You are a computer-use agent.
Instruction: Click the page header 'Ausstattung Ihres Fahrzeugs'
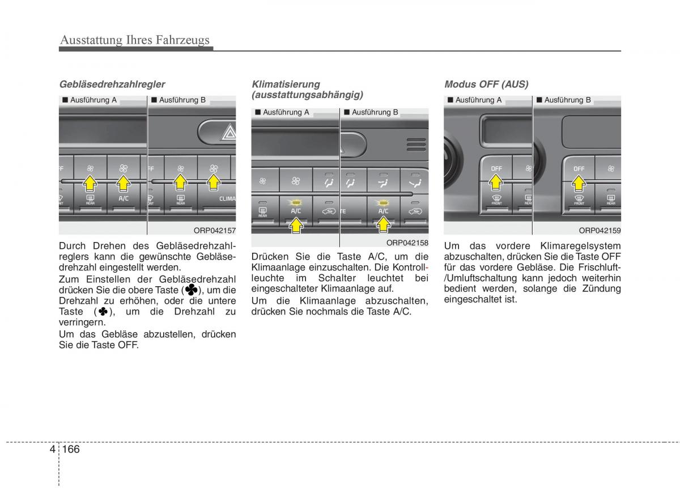click(134, 40)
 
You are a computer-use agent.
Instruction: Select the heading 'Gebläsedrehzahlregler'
click(112, 84)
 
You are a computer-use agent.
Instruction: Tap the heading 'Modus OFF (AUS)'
click(486, 84)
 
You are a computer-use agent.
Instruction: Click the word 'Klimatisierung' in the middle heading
click(286, 84)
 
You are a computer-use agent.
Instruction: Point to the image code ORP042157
click(214, 230)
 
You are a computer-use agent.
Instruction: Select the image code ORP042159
click(600, 230)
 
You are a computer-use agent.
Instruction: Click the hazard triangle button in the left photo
click(229, 134)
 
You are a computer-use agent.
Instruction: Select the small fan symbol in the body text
click(103, 312)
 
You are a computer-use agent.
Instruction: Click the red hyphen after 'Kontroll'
click(426, 268)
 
